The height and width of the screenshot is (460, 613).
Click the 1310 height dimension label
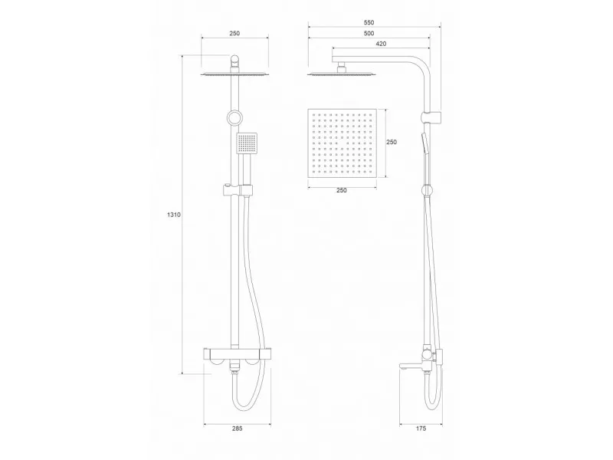tap(174, 215)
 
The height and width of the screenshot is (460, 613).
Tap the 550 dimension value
tap(369, 23)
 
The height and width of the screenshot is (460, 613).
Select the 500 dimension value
tap(369, 33)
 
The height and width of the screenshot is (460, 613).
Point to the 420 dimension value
tap(381, 44)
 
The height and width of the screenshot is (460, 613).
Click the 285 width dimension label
tap(237, 429)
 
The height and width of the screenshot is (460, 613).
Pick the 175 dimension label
tap(421, 429)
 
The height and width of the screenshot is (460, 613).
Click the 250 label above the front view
tap(234, 33)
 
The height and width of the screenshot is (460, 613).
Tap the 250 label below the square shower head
tap(341, 190)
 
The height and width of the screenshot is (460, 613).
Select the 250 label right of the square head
tap(392, 142)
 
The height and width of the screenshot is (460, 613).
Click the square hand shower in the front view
tap(247, 143)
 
